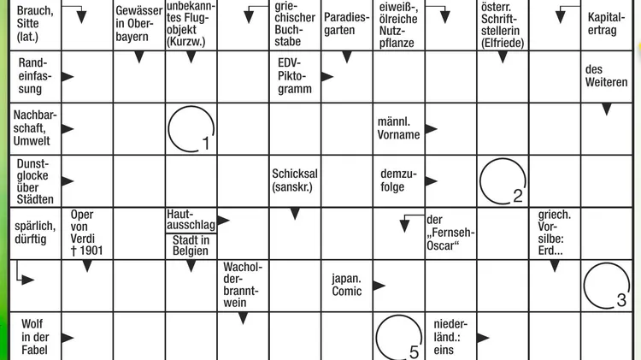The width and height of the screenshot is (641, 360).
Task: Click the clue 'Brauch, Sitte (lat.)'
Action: tap(35, 23)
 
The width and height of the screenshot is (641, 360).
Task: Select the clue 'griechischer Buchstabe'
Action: tap(295, 24)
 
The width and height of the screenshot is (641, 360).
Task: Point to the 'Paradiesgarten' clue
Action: tap(347, 24)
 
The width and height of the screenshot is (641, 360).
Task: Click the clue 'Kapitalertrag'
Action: tap(606, 24)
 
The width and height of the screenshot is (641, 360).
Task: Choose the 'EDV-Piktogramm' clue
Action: tap(295, 76)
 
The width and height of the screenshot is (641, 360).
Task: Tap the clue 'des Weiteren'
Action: tap(606, 76)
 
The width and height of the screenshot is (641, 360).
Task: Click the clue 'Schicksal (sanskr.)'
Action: tap(295, 180)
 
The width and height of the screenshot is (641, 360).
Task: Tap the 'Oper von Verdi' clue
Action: tap(86, 233)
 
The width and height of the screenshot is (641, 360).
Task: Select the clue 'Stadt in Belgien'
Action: tap(191, 245)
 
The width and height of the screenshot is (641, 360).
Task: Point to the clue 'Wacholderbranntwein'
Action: tap(243, 285)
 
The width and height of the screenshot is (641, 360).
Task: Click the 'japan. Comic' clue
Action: tap(347, 285)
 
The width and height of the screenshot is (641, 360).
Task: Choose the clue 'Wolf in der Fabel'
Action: tap(35, 337)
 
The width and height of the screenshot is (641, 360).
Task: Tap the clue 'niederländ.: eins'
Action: tap(450, 337)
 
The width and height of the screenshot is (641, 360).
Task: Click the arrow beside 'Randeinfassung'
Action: tap(68, 76)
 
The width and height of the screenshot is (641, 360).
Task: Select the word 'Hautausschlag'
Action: tap(191, 220)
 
